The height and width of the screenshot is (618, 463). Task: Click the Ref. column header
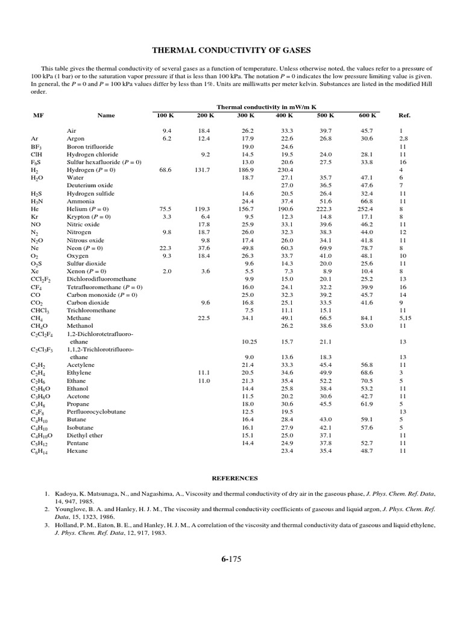[404, 115]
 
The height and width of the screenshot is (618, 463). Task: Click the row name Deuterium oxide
[90, 185]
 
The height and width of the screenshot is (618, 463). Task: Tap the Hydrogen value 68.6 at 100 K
[165, 170]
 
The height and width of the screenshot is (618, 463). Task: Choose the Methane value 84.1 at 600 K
[367, 318]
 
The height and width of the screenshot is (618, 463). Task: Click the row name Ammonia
[80, 201]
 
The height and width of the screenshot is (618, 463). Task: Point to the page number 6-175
[231, 560]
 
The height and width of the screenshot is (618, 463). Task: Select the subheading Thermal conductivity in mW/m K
[266, 106]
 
